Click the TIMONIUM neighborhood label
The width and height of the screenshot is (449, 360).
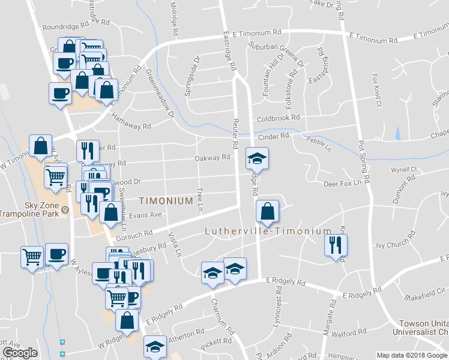coord(166,201)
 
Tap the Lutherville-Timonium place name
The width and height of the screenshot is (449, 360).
coord(268,231)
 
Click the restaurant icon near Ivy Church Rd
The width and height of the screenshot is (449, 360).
coord(336,245)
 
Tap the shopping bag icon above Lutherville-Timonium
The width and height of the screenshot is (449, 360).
coord(267,211)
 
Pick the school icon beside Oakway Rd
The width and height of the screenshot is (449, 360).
coord(257,159)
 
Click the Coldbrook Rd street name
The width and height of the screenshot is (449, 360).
coord(278,118)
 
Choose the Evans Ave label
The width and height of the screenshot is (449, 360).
coord(145,215)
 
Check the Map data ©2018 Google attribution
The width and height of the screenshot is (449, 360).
coord(412,355)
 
